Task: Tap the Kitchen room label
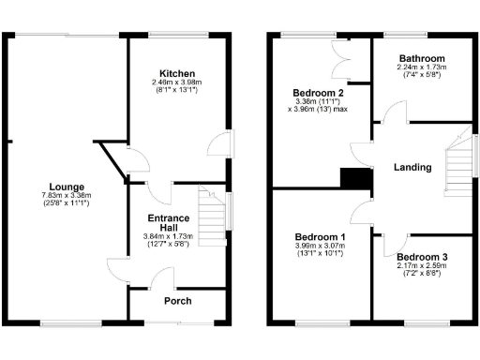[176, 74]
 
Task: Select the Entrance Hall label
[165, 221]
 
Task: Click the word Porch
[178, 301]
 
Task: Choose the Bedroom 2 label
[318, 94]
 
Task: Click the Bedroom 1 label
[321, 236]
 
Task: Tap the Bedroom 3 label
[421, 257]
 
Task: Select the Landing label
[413, 168]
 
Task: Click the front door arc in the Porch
[165, 277]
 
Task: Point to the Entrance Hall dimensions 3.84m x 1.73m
[165, 240]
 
